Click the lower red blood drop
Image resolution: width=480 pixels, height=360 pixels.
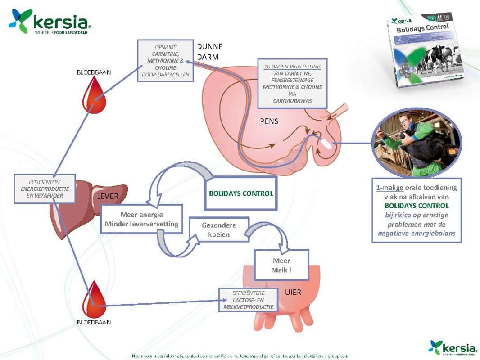(93, 300)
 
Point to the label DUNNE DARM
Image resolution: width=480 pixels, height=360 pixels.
(210, 52)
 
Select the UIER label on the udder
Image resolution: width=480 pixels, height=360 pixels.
(293, 292)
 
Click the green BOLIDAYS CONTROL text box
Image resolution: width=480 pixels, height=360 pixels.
(240, 194)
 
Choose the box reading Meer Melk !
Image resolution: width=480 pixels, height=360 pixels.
(281, 265)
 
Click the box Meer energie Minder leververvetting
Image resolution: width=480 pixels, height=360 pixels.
(141, 219)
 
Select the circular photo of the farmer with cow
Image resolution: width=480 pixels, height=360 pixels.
(417, 142)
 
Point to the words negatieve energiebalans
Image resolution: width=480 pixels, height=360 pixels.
(416, 233)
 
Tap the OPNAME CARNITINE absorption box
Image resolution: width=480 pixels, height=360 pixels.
(166, 60)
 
